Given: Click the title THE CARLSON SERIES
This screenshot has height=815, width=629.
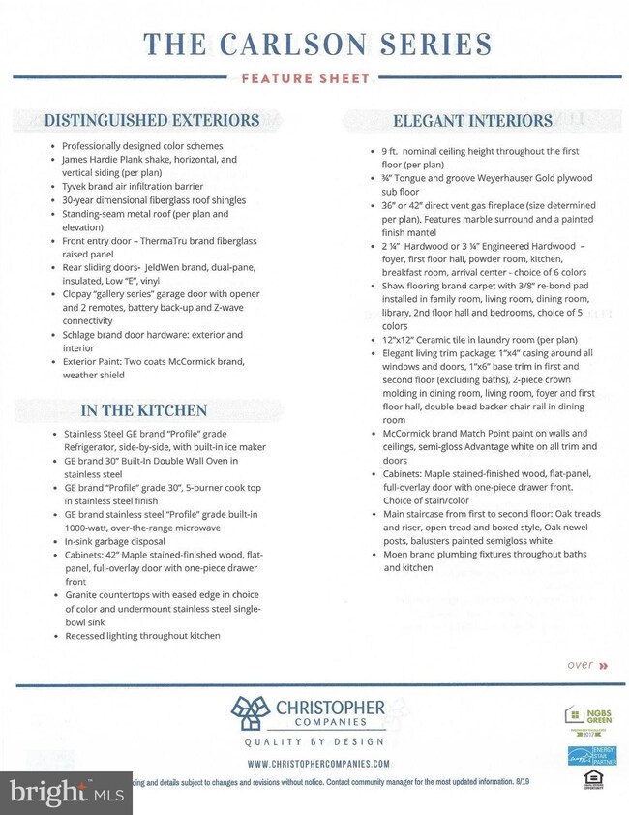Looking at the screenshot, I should tap(316, 44).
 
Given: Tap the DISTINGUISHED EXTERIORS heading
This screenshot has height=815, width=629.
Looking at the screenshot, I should tap(152, 121).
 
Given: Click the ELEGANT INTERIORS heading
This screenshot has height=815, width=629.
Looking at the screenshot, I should tap(472, 121).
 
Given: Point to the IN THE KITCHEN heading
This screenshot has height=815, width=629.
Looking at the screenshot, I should tap(143, 410).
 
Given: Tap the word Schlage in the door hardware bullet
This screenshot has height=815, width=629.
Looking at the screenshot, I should tap(80, 334).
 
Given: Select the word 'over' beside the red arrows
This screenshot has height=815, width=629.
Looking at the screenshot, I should tap(580, 665).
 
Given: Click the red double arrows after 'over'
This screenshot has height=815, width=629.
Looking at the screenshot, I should tap(604, 666).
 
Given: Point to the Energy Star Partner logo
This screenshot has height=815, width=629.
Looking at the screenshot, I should tap(587, 757).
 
